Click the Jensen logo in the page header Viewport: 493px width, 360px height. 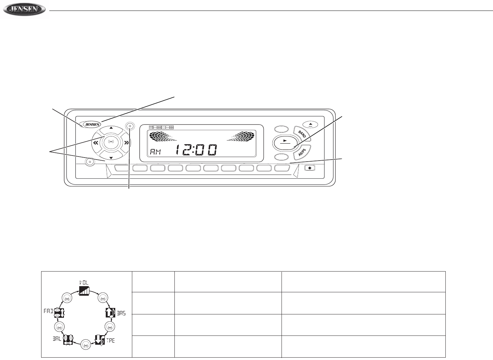(x=24, y=10)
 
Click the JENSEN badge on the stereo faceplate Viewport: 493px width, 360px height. (x=92, y=125)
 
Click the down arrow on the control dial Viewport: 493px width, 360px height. (x=111, y=158)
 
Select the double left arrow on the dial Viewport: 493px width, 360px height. (x=96, y=143)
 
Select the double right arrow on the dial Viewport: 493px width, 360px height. (x=126, y=143)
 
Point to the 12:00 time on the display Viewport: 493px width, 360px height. (x=196, y=150)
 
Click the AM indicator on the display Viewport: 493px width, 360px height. (x=156, y=152)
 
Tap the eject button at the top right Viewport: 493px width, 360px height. (x=310, y=125)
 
